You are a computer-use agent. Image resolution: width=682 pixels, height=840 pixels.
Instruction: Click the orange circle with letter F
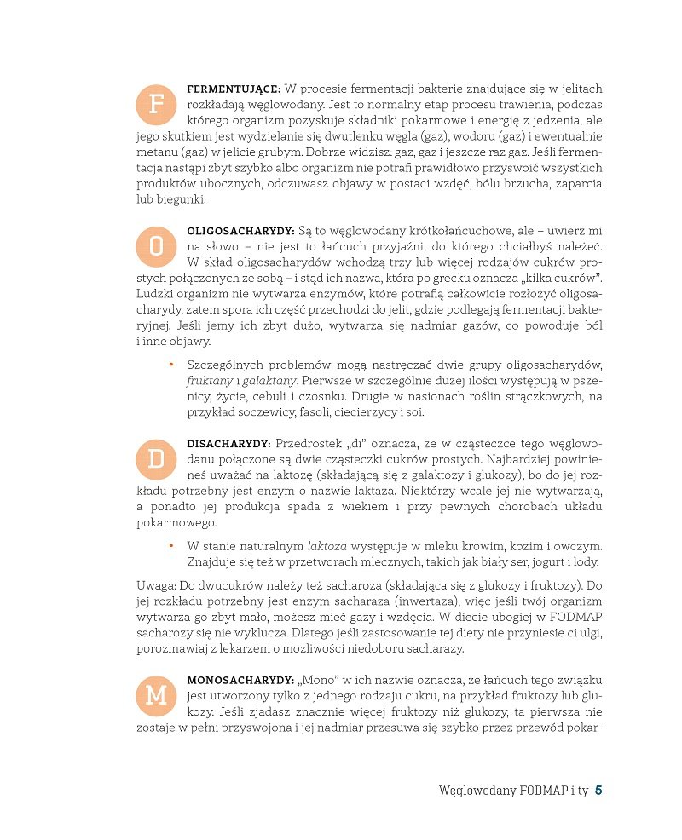(x=155, y=105)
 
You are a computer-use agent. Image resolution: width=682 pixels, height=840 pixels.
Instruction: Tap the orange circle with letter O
(x=155, y=247)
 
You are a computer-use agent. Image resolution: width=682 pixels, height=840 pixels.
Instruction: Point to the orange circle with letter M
(x=155, y=696)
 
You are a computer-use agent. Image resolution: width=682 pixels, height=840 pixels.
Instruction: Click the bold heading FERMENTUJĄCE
(x=234, y=89)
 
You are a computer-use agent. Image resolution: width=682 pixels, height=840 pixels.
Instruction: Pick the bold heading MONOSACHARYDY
(x=238, y=680)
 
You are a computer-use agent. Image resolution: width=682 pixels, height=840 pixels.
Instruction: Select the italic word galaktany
(x=269, y=381)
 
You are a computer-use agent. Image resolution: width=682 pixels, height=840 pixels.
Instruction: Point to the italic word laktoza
(x=327, y=546)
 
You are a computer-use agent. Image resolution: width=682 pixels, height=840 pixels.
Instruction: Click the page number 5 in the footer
(x=598, y=791)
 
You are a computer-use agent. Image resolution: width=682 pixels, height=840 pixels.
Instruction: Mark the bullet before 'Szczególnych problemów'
(x=170, y=365)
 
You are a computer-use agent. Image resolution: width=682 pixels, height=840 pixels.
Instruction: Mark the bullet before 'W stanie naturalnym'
(x=170, y=546)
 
